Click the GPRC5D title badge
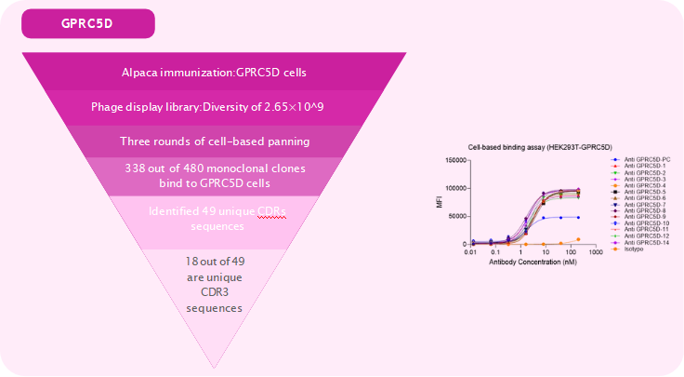pos(87,23)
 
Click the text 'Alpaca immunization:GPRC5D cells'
pos(214,73)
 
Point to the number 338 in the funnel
pos(138,168)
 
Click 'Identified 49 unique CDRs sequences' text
pos(217,218)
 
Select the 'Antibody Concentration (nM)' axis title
pos(525,263)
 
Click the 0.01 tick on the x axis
pos(473,251)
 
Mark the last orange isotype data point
pos(579,239)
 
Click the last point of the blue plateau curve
pos(579,217)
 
